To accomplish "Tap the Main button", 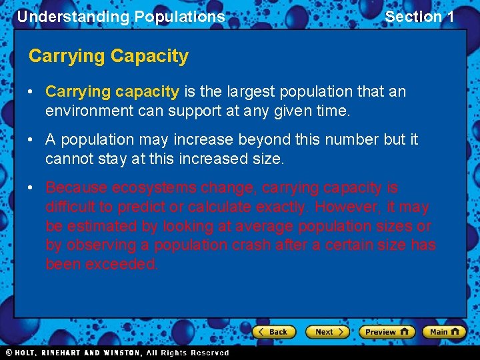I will (x=443, y=331).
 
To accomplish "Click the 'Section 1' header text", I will (x=419, y=17).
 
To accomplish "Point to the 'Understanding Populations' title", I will (x=121, y=17).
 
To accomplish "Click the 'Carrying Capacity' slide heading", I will (x=109, y=56).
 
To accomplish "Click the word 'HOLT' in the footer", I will (x=25, y=353).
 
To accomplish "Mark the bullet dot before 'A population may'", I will (x=33, y=140).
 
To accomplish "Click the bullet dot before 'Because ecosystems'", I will (x=33, y=188).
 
